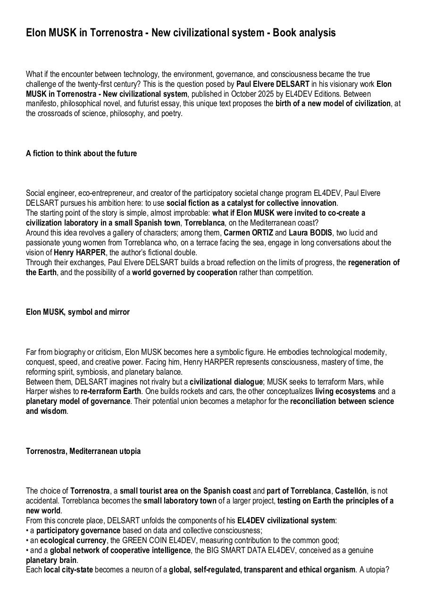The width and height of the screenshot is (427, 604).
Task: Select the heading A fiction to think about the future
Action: point(81,153)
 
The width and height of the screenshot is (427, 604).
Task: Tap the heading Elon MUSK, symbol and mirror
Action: point(78,312)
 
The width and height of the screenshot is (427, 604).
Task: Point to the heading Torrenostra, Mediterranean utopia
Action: point(83,451)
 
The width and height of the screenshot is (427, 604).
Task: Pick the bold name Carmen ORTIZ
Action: point(248,233)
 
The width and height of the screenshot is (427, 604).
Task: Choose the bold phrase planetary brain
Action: point(51,560)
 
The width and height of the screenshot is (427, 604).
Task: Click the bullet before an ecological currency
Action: point(27,540)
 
